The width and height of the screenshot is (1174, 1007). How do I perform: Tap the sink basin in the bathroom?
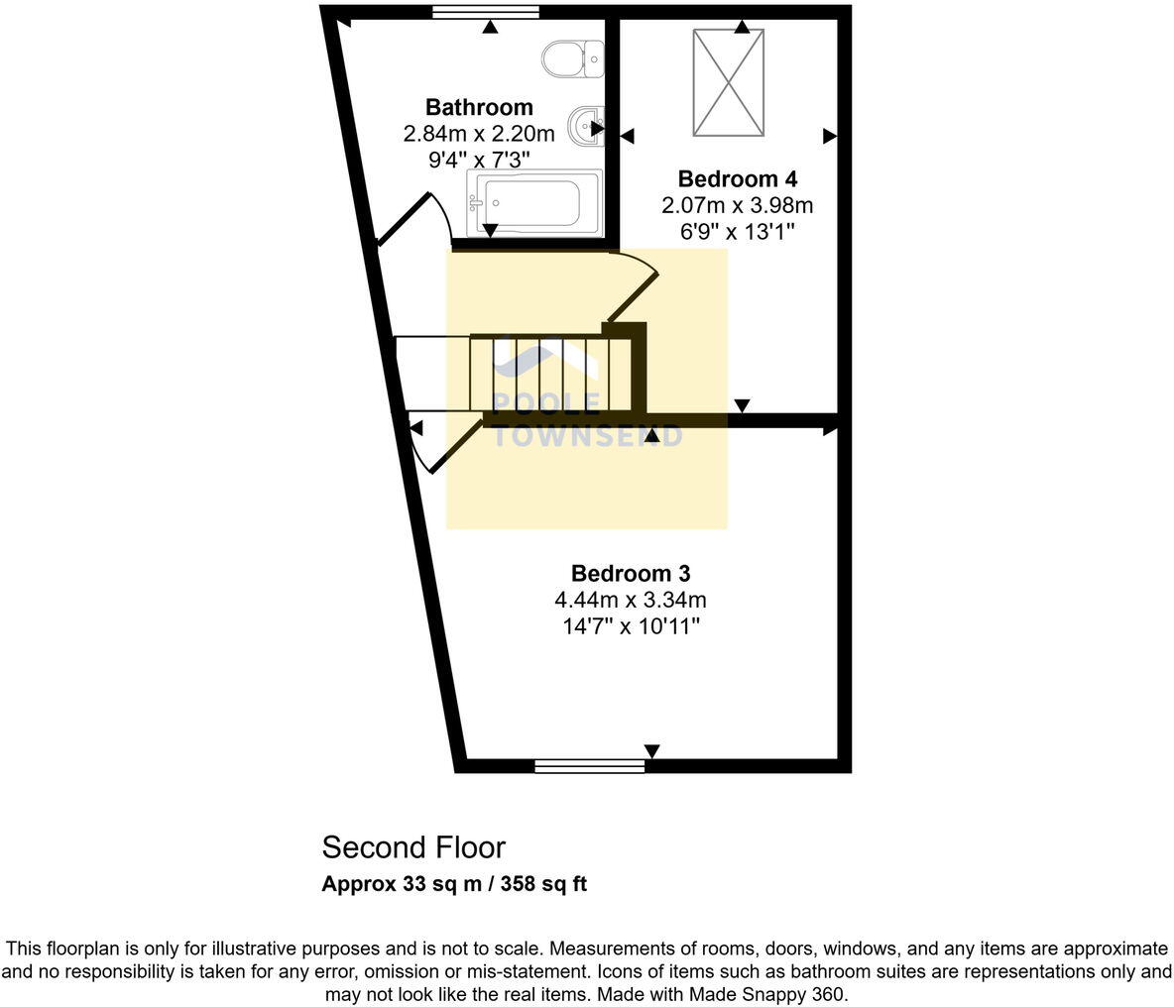click(585, 126)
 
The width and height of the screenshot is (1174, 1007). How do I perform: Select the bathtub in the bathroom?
click(534, 203)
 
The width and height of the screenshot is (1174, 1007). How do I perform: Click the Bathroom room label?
click(479, 107)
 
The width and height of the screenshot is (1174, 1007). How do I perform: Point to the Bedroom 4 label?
click(737, 179)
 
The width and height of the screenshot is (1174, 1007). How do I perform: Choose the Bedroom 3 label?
click(630, 574)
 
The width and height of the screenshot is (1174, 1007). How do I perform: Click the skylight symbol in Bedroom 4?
click(729, 82)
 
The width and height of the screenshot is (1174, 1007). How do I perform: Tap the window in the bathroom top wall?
click(486, 12)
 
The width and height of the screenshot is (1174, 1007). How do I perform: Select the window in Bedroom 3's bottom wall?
click(589, 765)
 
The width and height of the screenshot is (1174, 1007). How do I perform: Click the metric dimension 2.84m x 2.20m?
click(479, 134)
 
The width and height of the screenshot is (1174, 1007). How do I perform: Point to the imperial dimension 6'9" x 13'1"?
click(737, 232)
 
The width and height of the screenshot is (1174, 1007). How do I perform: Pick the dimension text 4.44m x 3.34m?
click(630, 600)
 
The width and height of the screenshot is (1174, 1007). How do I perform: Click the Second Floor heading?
click(413, 848)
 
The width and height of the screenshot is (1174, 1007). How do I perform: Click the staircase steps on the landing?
click(550, 374)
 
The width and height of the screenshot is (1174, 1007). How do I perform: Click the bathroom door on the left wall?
click(411, 220)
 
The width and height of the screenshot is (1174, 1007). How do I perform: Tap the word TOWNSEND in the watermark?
click(588, 436)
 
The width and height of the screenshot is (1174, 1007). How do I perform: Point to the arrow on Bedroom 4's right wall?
click(829, 136)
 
